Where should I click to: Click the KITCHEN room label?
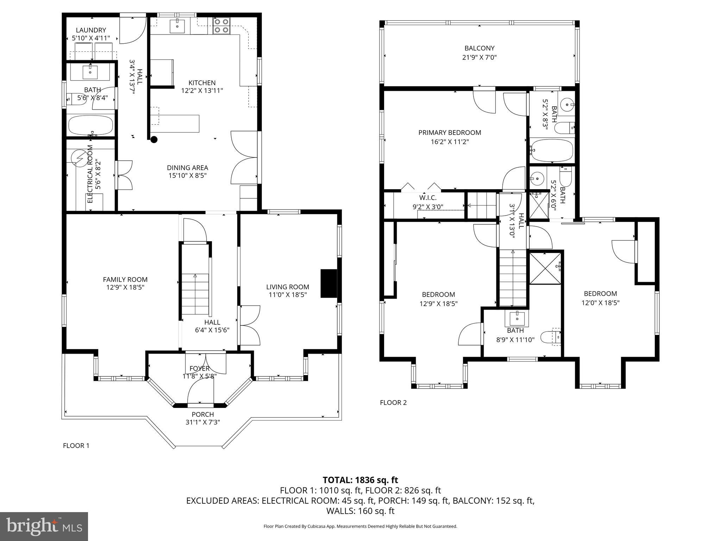(202, 83)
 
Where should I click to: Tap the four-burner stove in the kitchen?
(221, 26)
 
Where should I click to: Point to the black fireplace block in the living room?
(328, 284)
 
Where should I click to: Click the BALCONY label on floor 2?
(479, 48)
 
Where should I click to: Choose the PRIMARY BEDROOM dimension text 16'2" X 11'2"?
(449, 142)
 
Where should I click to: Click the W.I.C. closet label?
(428, 198)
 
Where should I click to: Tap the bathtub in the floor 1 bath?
(90, 125)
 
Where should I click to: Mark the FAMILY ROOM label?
(125, 279)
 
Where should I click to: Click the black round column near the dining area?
(154, 139)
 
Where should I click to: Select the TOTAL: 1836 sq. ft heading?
(360, 480)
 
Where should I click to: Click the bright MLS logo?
(44, 526)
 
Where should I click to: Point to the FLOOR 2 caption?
(393, 403)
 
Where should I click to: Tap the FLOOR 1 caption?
(76, 446)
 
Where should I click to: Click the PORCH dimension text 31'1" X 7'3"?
(203, 422)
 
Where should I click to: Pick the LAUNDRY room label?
(91, 30)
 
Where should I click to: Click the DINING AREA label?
(187, 168)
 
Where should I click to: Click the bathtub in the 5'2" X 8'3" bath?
(551, 150)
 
